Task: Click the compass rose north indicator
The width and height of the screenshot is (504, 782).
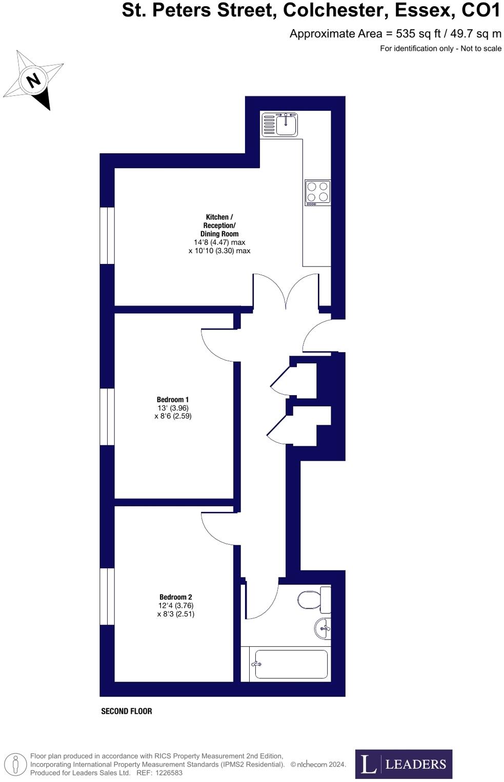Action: (34, 80)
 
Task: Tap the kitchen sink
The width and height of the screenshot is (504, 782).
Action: (279, 125)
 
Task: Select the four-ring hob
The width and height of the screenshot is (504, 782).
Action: (317, 192)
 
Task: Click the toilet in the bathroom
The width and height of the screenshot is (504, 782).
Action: (310, 599)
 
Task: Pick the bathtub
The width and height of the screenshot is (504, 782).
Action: (291, 664)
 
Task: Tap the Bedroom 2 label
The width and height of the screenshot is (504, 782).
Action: (175, 597)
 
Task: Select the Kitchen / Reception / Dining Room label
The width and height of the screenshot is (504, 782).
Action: (219, 225)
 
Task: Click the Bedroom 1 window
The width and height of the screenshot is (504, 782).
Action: (107, 417)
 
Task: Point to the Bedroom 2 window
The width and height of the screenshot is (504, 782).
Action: (107, 596)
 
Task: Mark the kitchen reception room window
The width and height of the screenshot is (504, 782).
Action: (107, 235)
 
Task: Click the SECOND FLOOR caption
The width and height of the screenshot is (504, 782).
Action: (127, 711)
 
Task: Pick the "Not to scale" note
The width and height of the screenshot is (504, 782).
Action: (481, 49)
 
